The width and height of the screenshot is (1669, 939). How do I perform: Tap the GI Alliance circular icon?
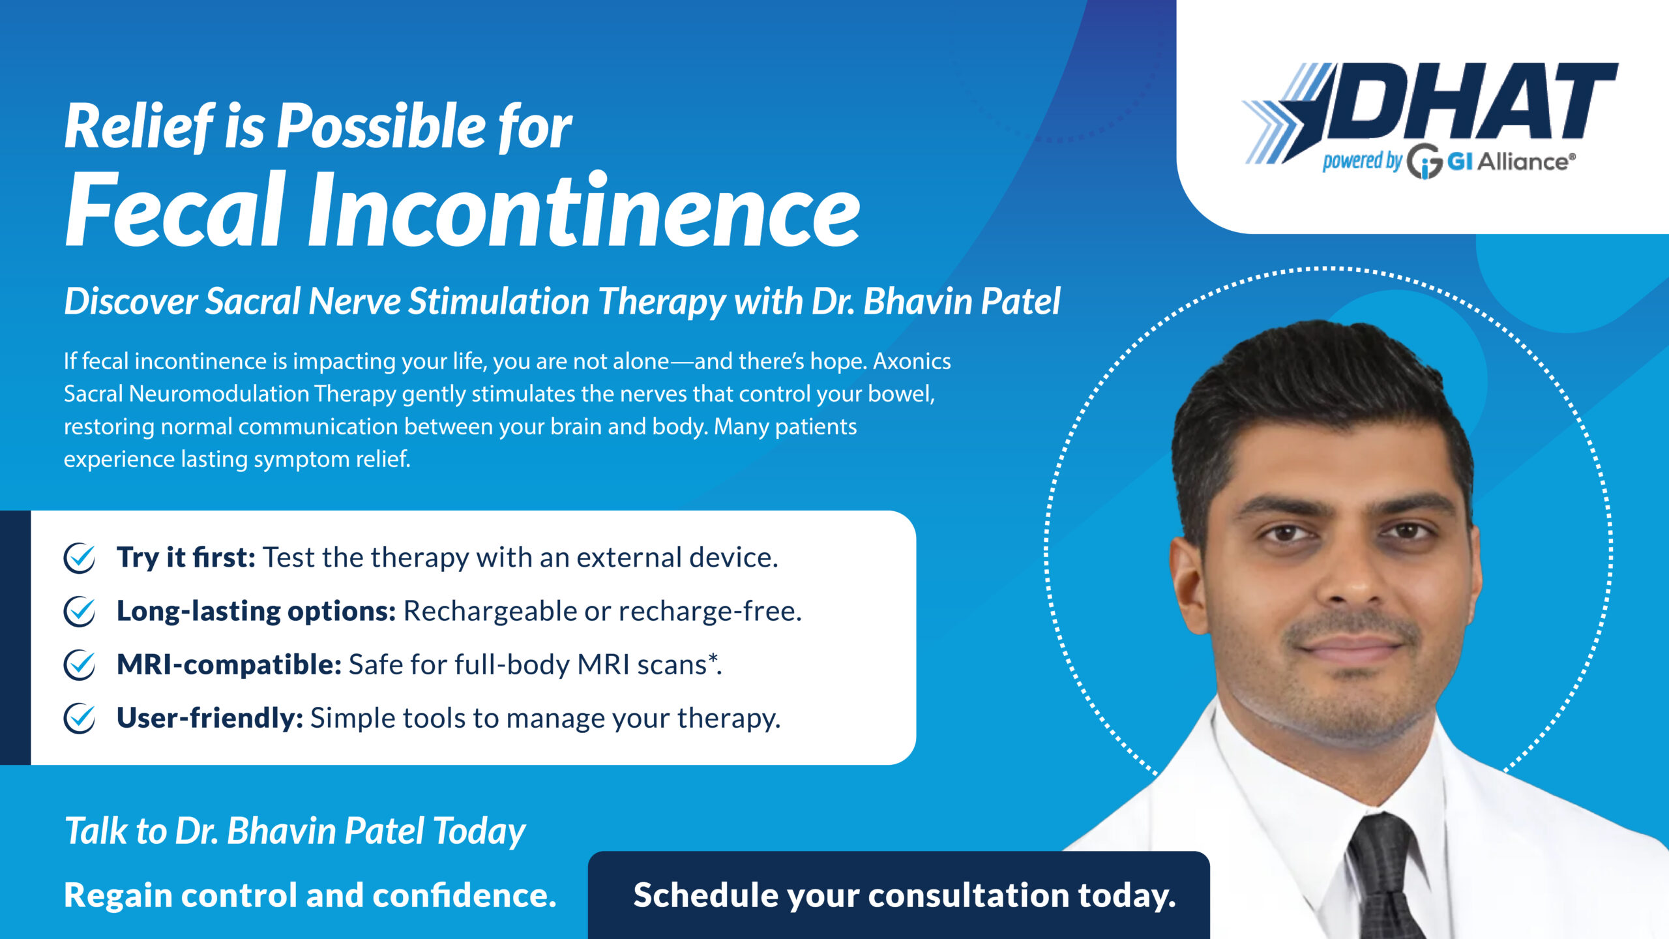point(1424,162)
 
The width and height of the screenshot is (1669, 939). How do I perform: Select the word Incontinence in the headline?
point(584,210)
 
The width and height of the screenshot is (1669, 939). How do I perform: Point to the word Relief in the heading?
point(139,127)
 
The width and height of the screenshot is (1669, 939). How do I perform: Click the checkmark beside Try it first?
point(80,558)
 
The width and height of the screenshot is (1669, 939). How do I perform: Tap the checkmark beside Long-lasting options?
point(80,612)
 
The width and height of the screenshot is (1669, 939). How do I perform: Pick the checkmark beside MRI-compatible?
point(80,665)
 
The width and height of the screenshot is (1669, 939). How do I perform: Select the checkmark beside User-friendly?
point(80,719)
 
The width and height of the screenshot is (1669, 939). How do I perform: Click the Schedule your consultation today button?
point(899,895)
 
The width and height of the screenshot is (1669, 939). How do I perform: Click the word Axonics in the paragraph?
point(912,361)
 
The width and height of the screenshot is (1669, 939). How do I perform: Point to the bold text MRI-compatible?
point(229,665)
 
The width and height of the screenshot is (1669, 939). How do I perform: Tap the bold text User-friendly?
point(210,719)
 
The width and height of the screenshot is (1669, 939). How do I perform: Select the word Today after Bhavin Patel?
point(479,832)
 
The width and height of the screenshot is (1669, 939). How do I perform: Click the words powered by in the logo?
point(1362,160)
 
